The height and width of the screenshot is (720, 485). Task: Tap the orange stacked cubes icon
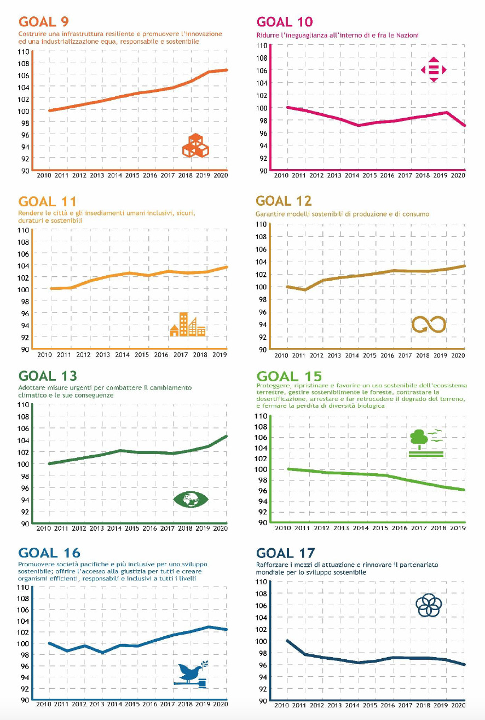click(195, 146)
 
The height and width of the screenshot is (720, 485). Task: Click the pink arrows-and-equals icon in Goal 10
click(434, 69)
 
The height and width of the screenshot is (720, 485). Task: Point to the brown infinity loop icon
click(429, 324)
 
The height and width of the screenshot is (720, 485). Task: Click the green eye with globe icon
click(190, 499)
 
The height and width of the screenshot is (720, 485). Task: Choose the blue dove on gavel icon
click(190, 674)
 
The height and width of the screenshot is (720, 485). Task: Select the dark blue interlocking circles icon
click(428, 606)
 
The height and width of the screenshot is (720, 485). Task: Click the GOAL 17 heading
click(285, 553)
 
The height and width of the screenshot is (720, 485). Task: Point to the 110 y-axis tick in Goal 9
click(23, 52)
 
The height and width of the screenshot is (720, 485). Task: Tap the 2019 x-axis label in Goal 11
click(220, 355)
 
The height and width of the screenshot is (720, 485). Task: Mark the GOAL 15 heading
click(289, 376)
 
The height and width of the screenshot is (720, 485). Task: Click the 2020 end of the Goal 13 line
click(227, 436)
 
